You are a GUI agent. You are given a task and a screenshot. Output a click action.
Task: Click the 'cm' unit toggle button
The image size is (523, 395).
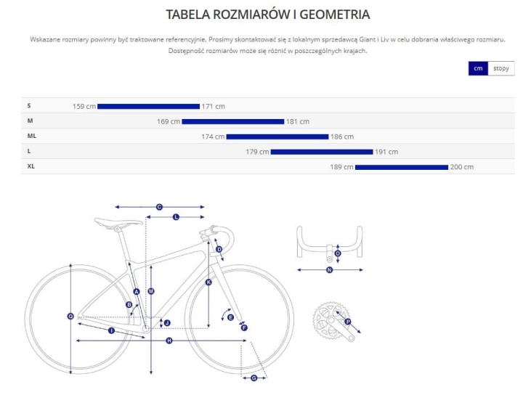478,68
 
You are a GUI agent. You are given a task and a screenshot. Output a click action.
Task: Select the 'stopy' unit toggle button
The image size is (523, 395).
501,68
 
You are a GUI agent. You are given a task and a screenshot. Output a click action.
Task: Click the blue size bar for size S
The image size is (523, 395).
148,106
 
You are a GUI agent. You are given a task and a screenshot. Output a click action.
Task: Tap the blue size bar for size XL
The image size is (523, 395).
402,167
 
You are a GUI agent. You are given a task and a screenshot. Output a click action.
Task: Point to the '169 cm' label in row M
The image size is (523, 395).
169,122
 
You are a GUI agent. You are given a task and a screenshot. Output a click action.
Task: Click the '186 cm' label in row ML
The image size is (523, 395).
342,137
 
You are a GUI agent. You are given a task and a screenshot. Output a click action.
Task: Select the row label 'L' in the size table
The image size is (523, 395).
29,151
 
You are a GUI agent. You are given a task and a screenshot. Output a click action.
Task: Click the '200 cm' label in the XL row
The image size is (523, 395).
462,167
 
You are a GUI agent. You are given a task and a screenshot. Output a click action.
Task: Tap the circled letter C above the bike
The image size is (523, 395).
159,207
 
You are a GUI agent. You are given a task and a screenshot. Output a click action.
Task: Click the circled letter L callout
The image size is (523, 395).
176,217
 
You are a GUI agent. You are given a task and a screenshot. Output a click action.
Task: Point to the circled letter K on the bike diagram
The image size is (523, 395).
208,282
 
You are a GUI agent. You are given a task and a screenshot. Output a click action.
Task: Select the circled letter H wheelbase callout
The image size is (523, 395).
169,341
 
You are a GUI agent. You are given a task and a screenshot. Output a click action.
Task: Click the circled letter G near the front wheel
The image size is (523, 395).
254,378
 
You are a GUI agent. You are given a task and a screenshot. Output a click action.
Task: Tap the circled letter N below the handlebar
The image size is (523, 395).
330,270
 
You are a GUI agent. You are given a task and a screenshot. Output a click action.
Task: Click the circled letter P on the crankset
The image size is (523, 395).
348,322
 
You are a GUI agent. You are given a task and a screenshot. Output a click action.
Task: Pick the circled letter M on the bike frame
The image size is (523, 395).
151,291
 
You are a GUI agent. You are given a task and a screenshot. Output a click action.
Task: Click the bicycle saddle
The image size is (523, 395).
118,222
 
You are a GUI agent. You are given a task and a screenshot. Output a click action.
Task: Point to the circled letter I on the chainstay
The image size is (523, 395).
111,330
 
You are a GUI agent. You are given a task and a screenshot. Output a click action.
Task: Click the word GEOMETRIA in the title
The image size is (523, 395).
335,15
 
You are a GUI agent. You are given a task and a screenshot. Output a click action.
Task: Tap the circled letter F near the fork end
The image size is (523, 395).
244,328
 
